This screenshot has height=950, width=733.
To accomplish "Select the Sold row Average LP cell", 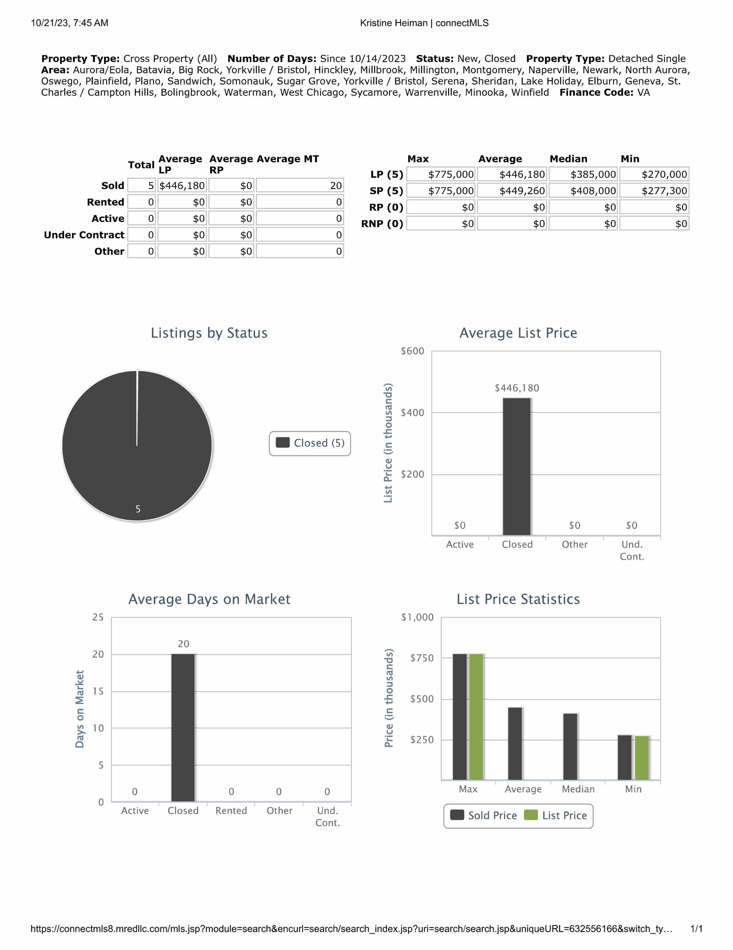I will (x=182, y=186).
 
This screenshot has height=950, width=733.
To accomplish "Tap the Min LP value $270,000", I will (x=654, y=174).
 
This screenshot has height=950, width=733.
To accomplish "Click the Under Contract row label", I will (x=84, y=235).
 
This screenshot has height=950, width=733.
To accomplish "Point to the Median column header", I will (x=568, y=159).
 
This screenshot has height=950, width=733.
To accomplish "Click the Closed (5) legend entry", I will (x=310, y=443).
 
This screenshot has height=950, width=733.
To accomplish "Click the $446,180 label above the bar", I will (x=517, y=388).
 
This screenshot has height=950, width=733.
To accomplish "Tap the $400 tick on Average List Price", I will (x=412, y=412).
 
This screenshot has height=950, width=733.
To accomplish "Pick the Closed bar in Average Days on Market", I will (x=183, y=727).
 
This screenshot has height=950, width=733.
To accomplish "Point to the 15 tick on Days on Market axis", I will (x=98, y=691).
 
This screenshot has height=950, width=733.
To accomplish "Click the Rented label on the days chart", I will (x=231, y=811).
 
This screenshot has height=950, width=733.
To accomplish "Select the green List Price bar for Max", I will (x=477, y=717).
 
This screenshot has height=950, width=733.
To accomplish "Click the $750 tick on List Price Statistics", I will (x=422, y=658).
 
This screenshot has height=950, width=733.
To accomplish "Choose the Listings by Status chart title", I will (x=209, y=333).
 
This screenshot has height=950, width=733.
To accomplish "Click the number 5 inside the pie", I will (x=138, y=509).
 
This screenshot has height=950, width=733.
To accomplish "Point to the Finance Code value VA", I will (x=643, y=93).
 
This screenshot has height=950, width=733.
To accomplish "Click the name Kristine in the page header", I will (x=376, y=23).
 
